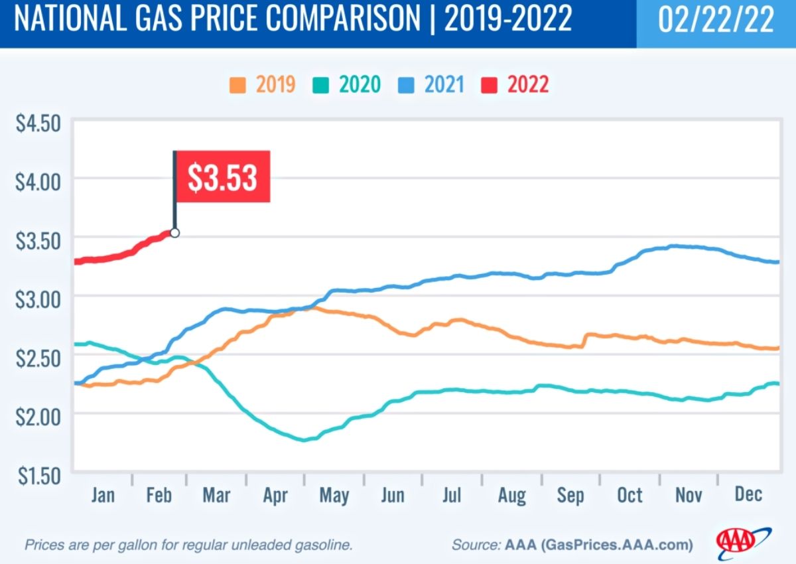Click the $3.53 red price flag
[222, 176]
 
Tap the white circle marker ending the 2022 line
[174, 233]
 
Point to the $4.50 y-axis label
[38, 123]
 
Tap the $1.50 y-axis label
[38, 475]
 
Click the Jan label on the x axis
[103, 495]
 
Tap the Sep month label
[570, 495]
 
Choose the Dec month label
[748, 495]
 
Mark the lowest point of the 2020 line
[305, 439]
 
